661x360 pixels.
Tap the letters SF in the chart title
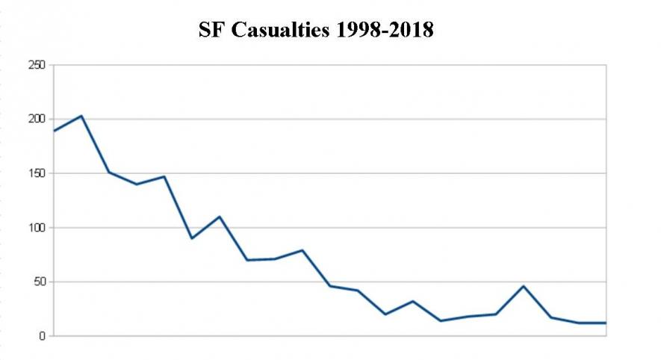(209, 31)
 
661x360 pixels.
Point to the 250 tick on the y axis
(37, 65)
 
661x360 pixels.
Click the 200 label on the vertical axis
(37, 120)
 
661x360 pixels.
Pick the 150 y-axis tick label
(37, 173)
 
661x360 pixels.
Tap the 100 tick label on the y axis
(37, 228)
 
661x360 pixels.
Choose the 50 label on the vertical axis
(40, 282)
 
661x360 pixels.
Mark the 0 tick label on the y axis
(43, 336)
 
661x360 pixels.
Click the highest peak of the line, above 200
(81, 116)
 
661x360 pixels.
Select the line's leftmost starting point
(53, 131)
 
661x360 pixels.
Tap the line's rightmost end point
(606, 323)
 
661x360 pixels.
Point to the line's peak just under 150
(164, 176)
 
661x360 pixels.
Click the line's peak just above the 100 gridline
(219, 217)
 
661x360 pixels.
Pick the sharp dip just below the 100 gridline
(191, 238)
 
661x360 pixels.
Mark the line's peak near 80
(302, 250)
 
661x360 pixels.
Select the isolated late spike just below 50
(523, 286)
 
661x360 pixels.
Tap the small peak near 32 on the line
(412, 301)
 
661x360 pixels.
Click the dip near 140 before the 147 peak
(136, 184)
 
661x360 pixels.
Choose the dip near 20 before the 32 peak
(385, 314)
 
